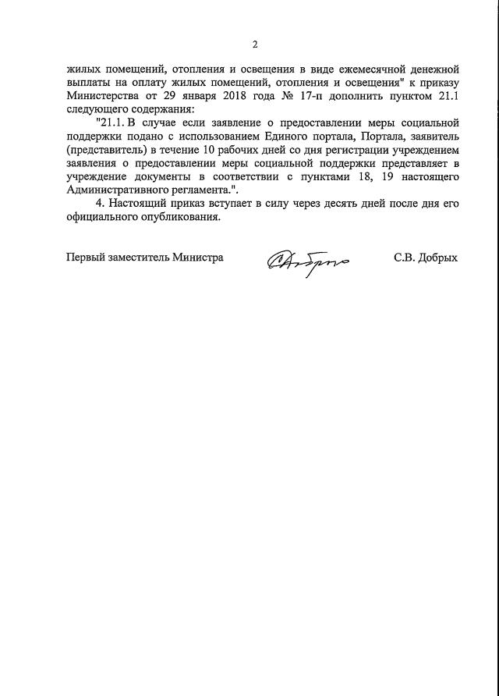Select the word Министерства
point(104,96)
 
